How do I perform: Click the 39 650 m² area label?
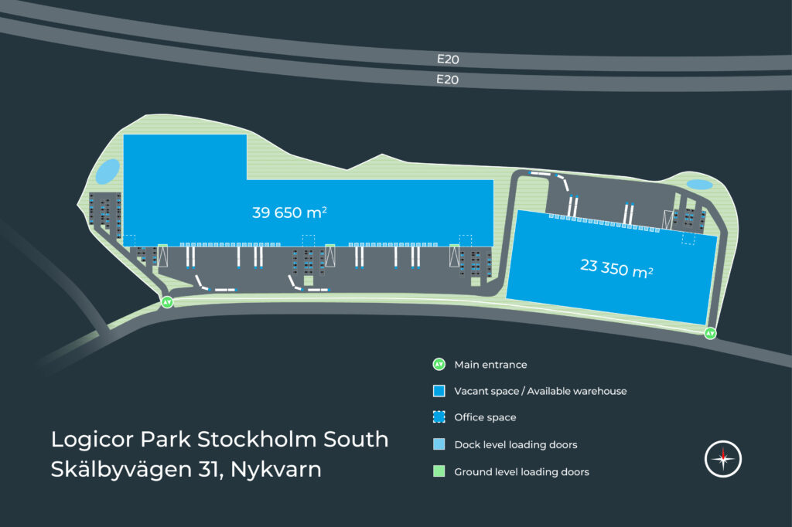[289, 212]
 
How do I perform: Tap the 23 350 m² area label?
[617, 267]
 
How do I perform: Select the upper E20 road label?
[448, 58]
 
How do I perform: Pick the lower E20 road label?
[448, 79]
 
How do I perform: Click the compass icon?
[723, 459]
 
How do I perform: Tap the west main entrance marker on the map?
[168, 302]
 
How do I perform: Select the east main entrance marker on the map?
[710, 333]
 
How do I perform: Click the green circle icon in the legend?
[439, 364]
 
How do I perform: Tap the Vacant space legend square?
[439, 391]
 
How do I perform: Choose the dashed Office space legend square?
[439, 417]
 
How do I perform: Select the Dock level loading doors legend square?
[439, 444]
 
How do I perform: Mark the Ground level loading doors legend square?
[439, 471]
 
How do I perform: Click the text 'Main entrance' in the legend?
[490, 365]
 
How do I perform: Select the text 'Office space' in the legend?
[485, 418]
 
